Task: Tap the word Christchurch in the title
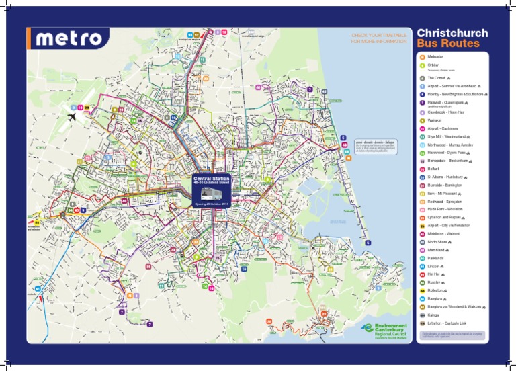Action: [452, 32]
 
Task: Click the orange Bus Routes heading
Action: [448, 44]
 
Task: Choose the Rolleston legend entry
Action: [437, 290]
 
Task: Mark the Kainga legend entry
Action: [435, 315]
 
